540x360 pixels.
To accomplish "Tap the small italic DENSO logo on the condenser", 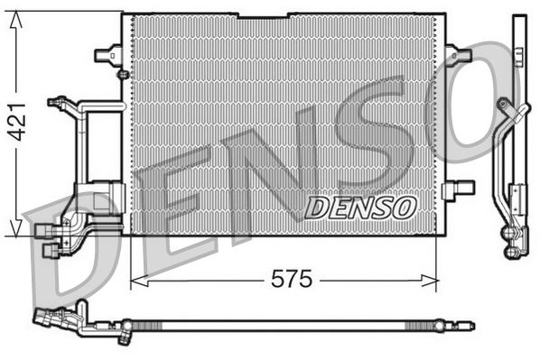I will [359, 207].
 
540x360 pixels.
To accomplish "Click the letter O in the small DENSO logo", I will [400, 207].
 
